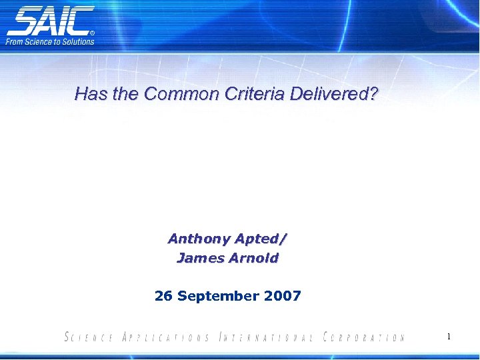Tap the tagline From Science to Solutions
tap(51, 41)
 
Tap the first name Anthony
tap(198, 239)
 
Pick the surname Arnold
tap(253, 258)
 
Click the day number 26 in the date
tap(163, 295)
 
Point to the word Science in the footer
tap(89, 337)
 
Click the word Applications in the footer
tap(166, 337)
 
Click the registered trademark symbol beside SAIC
tap(92, 32)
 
